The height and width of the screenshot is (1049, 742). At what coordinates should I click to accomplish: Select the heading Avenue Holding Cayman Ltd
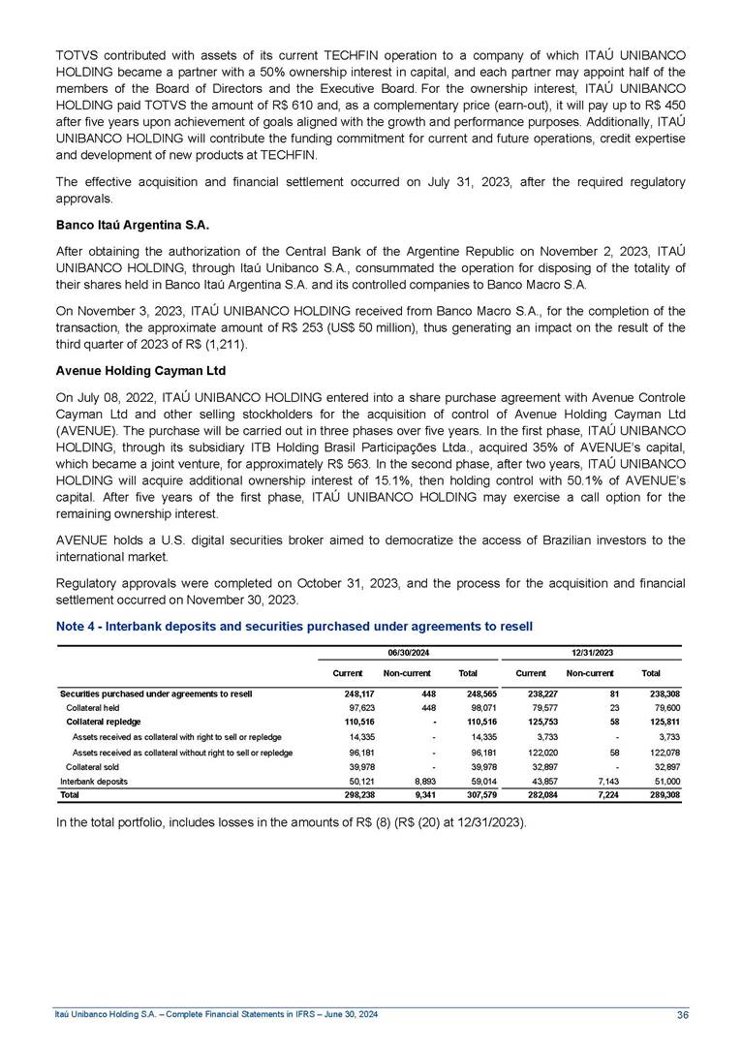pos(133,370)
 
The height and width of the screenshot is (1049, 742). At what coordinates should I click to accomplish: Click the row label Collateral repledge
pos(103,722)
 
